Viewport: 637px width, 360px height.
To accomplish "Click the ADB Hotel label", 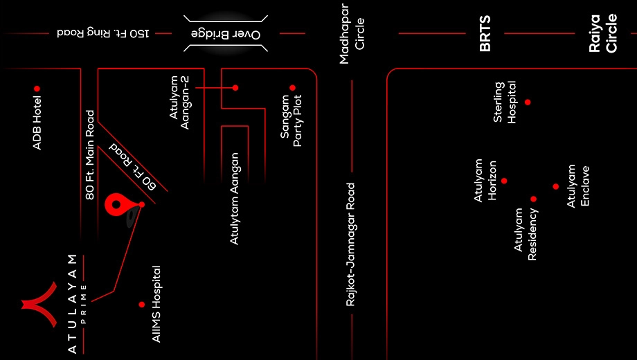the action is pos(37,123).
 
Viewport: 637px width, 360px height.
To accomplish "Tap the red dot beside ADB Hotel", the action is pos(37,89).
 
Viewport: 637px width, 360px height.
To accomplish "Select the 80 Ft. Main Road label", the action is pos(90,155).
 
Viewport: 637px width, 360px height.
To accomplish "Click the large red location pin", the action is pos(116,204).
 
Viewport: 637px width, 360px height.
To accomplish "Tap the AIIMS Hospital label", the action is pos(156,304).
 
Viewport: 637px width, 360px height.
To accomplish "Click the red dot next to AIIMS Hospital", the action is pos(142,305).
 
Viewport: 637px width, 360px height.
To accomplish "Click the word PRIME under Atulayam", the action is pos(83,304).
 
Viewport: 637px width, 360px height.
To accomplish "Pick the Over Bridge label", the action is pos(226,34).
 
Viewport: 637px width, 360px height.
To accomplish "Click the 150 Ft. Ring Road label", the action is pos(102,33).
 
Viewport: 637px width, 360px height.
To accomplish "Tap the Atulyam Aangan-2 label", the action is pos(179,102).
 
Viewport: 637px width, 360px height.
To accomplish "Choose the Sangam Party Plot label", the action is pos(291,120).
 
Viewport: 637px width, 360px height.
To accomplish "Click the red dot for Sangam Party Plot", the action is pos(292,88).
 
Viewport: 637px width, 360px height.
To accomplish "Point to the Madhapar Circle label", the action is pos(352,34).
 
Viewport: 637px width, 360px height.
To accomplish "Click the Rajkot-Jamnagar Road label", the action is pos(350,244).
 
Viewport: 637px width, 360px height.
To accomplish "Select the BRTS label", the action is pos(485,33).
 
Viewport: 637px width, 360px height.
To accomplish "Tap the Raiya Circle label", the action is pos(603,33).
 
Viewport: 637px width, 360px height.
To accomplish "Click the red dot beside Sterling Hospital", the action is pos(528,102).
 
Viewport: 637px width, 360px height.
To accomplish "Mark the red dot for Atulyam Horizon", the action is pos(504,181).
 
